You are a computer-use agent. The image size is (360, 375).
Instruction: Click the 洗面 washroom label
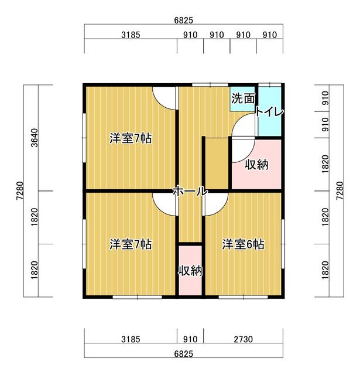pos(243,98)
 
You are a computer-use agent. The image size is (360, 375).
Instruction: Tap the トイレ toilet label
pos(269,112)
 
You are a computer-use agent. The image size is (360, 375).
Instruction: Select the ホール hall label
pos(190,191)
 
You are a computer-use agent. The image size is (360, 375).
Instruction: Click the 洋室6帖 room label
pos(243,244)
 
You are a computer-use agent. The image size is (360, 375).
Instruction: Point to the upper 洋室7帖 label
pos(131,138)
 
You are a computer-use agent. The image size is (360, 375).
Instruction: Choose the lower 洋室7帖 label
pos(131,244)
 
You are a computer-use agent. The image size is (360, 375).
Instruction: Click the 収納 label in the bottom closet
pos(191,271)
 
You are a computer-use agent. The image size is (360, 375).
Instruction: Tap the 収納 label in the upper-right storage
pos(256,165)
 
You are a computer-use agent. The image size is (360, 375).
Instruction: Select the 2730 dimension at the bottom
pos(243,339)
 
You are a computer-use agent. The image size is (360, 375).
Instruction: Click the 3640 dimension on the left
pos(35,138)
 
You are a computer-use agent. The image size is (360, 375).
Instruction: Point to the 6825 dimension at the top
pos(183,21)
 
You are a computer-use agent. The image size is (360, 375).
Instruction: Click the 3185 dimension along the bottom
pos(131,339)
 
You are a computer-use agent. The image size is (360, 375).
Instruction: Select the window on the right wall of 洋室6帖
pos(283,244)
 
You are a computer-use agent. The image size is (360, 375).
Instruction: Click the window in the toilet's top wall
pos(270,85)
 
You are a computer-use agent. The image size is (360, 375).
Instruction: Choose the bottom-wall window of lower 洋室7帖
pos(138,297)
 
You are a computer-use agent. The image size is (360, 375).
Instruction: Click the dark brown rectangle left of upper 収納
pos(217,163)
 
